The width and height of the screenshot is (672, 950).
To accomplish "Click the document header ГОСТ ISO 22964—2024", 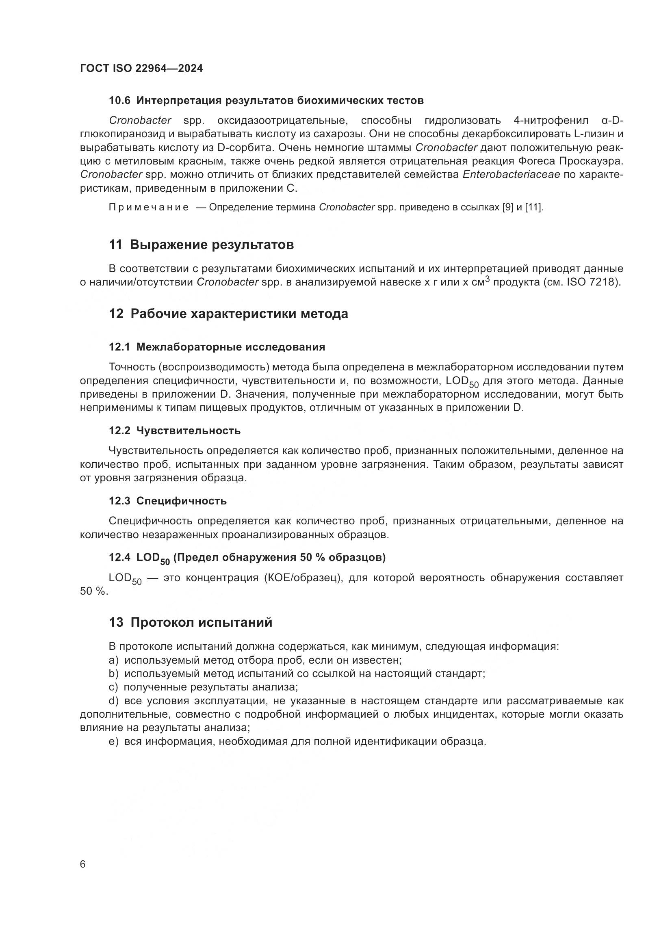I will pos(141,68).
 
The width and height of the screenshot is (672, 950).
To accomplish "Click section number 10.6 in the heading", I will pos(119,101).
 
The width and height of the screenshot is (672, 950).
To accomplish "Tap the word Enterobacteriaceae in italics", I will pos(511,175).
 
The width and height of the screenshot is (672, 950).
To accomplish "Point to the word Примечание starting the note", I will pos(149,207).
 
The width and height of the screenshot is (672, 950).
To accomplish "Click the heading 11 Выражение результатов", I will pos(201,245).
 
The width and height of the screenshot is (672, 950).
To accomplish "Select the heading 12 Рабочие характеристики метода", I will pos(228,314).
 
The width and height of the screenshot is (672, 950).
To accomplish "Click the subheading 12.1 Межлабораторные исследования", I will pos(217,347).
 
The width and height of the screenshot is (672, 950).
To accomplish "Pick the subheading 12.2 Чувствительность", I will pos(175,431).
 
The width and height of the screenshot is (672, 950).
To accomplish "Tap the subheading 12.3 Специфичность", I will pos(167,501).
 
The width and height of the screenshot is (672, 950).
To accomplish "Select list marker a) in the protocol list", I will pos(114,660).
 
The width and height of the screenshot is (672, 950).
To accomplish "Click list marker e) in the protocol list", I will pos(114,742).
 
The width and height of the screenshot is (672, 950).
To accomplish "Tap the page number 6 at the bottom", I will pos(83,864).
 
